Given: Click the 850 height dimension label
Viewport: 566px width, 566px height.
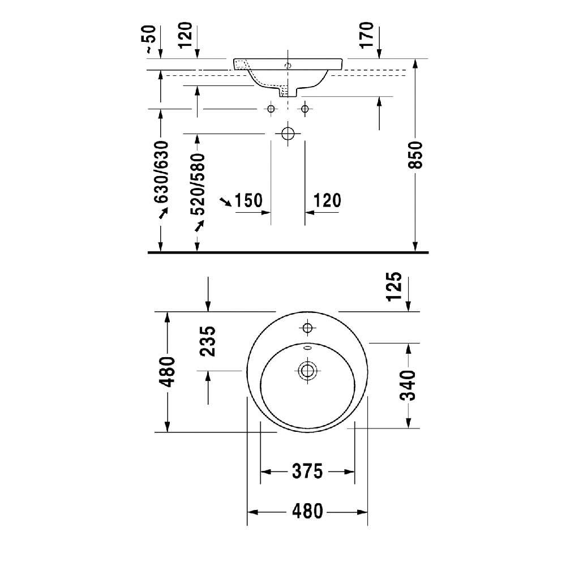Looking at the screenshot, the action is pos(416,155).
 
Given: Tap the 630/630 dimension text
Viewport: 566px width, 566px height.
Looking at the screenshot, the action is pos(161,172).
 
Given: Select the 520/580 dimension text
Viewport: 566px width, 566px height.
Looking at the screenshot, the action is pos(198,184).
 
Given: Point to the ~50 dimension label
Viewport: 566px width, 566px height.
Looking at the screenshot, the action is pos(150,40).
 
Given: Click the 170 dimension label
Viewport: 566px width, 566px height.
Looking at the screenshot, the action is pos(366,35).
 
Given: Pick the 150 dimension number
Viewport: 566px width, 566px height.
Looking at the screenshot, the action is pos(248,200).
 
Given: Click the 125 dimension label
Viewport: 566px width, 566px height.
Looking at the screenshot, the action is pos(394,286).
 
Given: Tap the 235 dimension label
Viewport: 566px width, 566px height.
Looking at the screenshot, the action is pos(208,341).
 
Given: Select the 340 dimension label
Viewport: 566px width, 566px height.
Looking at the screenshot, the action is pos(408,385).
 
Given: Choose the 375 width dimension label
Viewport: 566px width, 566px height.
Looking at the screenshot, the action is pos(307,471).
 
